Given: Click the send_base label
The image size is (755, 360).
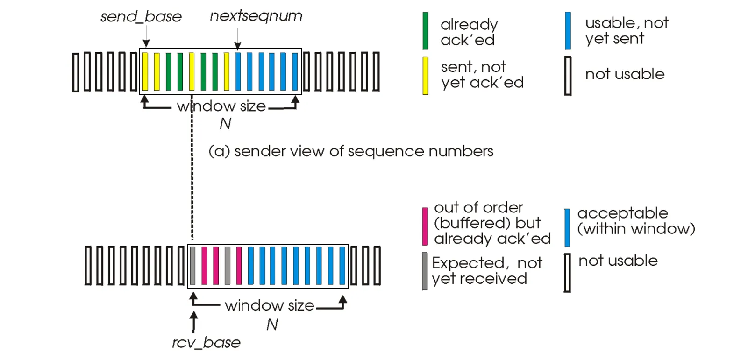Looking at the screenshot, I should pos(141,17).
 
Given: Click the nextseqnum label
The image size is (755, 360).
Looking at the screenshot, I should pos(256,16).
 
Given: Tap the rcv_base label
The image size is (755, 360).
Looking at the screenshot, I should pos(206,343).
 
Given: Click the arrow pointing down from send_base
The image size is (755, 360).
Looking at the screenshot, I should pos(146,36).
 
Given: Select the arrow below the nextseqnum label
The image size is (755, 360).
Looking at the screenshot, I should pos(237,39).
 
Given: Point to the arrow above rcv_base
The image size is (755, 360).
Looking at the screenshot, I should pos(193,322).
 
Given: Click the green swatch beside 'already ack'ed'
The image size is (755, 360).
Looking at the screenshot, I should pos(425,31).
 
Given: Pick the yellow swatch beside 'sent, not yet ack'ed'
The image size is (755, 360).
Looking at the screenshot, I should pos(425,76).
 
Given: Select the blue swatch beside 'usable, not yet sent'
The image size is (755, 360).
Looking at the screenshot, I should pos(568,31).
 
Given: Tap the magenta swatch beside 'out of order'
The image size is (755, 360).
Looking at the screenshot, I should pos(425,226).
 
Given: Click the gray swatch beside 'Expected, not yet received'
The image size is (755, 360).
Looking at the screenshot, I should pos(425,271).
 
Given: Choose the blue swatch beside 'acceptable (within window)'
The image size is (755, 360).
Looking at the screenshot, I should pos(567,227).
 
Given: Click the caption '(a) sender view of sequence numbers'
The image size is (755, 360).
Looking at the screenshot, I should pos(351,151).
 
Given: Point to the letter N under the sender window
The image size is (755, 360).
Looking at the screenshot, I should pos(225,124).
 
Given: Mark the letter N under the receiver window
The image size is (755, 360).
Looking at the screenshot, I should pos(272,325).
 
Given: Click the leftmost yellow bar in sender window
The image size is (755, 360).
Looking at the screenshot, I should pos(145,71).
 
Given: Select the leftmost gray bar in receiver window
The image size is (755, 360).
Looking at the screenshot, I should pos(192,266).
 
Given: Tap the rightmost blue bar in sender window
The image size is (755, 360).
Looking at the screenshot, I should pos(295,71).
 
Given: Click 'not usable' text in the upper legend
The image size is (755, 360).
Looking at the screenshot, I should pos(625,74).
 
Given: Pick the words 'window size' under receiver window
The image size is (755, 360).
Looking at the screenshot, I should pos(269,305).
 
